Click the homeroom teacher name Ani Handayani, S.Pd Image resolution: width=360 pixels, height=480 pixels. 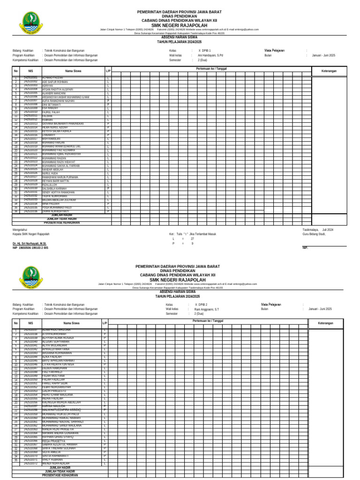click(x=210, y=55)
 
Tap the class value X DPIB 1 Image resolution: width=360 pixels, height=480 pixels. click(x=204, y=50)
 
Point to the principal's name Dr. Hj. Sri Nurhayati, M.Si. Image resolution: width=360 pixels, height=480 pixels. click(x=30, y=244)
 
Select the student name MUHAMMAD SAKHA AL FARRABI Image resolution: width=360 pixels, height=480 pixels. click(x=60, y=165)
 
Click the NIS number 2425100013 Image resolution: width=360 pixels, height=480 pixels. click(x=30, y=124)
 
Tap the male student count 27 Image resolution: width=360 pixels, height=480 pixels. click(x=192, y=239)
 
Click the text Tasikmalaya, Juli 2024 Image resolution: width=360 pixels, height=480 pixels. click(x=318, y=230)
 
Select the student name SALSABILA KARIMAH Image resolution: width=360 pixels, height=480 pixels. click(x=54, y=188)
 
